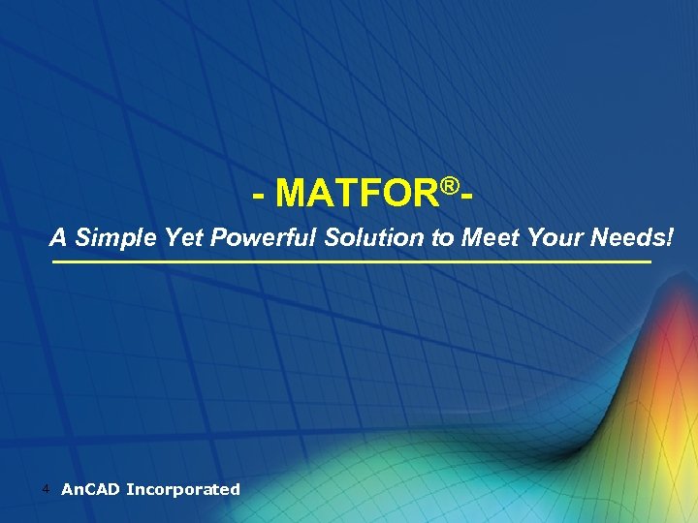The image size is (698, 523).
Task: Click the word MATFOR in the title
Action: pyautogui.click(x=357, y=194)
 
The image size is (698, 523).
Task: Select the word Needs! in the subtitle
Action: pyautogui.click(x=630, y=237)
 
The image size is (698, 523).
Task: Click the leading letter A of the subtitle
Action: pyautogui.click(x=59, y=237)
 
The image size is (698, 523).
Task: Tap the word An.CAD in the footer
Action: pyautogui.click(x=90, y=489)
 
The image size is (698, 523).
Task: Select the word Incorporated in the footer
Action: pyautogui.click(x=183, y=489)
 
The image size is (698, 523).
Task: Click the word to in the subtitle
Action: pyautogui.click(x=443, y=238)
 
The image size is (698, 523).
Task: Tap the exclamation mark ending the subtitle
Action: pyautogui.click(x=669, y=237)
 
